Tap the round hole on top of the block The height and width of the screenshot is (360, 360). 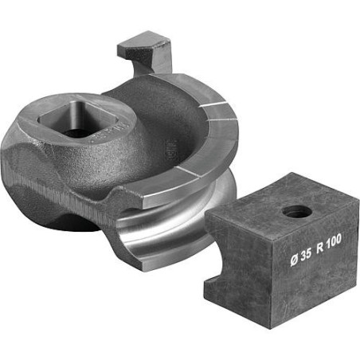(297, 211)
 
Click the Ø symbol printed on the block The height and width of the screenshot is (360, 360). (295, 260)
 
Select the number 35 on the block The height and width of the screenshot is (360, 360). (306, 255)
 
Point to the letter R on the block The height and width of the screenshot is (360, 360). (320, 248)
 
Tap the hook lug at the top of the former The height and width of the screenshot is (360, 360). (146, 53)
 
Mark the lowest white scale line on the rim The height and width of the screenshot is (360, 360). (190, 172)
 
